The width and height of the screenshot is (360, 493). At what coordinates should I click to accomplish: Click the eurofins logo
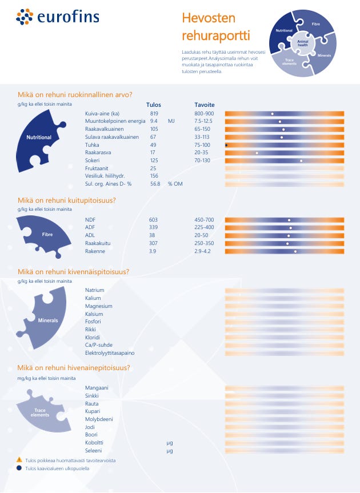tap(58, 17)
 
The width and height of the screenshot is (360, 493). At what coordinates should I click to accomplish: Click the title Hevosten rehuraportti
tap(216, 27)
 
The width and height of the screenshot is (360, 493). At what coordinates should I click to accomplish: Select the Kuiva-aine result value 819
tap(154, 114)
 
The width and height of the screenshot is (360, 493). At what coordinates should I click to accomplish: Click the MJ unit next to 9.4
tap(171, 122)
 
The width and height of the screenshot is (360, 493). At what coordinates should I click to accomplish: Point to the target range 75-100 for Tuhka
tap(202, 145)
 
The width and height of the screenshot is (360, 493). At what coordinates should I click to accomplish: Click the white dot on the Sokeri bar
tap(301, 161)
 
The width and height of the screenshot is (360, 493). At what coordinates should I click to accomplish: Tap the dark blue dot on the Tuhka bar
tap(227, 145)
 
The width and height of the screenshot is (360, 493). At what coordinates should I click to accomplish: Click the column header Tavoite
tap(205, 105)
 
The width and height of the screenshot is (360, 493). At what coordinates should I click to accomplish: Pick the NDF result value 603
tap(153, 220)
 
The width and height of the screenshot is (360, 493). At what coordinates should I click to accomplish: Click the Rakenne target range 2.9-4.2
tap(203, 251)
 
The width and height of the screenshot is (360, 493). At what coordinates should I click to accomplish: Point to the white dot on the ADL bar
tap(289, 236)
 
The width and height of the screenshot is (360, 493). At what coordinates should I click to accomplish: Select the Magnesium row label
tap(98, 306)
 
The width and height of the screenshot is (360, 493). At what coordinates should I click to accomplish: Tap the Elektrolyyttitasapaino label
tap(110, 353)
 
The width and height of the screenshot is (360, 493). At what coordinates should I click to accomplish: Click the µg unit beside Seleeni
tap(170, 451)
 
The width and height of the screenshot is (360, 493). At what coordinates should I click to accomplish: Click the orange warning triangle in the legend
tap(19, 459)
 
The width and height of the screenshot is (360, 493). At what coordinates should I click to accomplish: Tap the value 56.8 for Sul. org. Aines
tap(155, 185)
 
